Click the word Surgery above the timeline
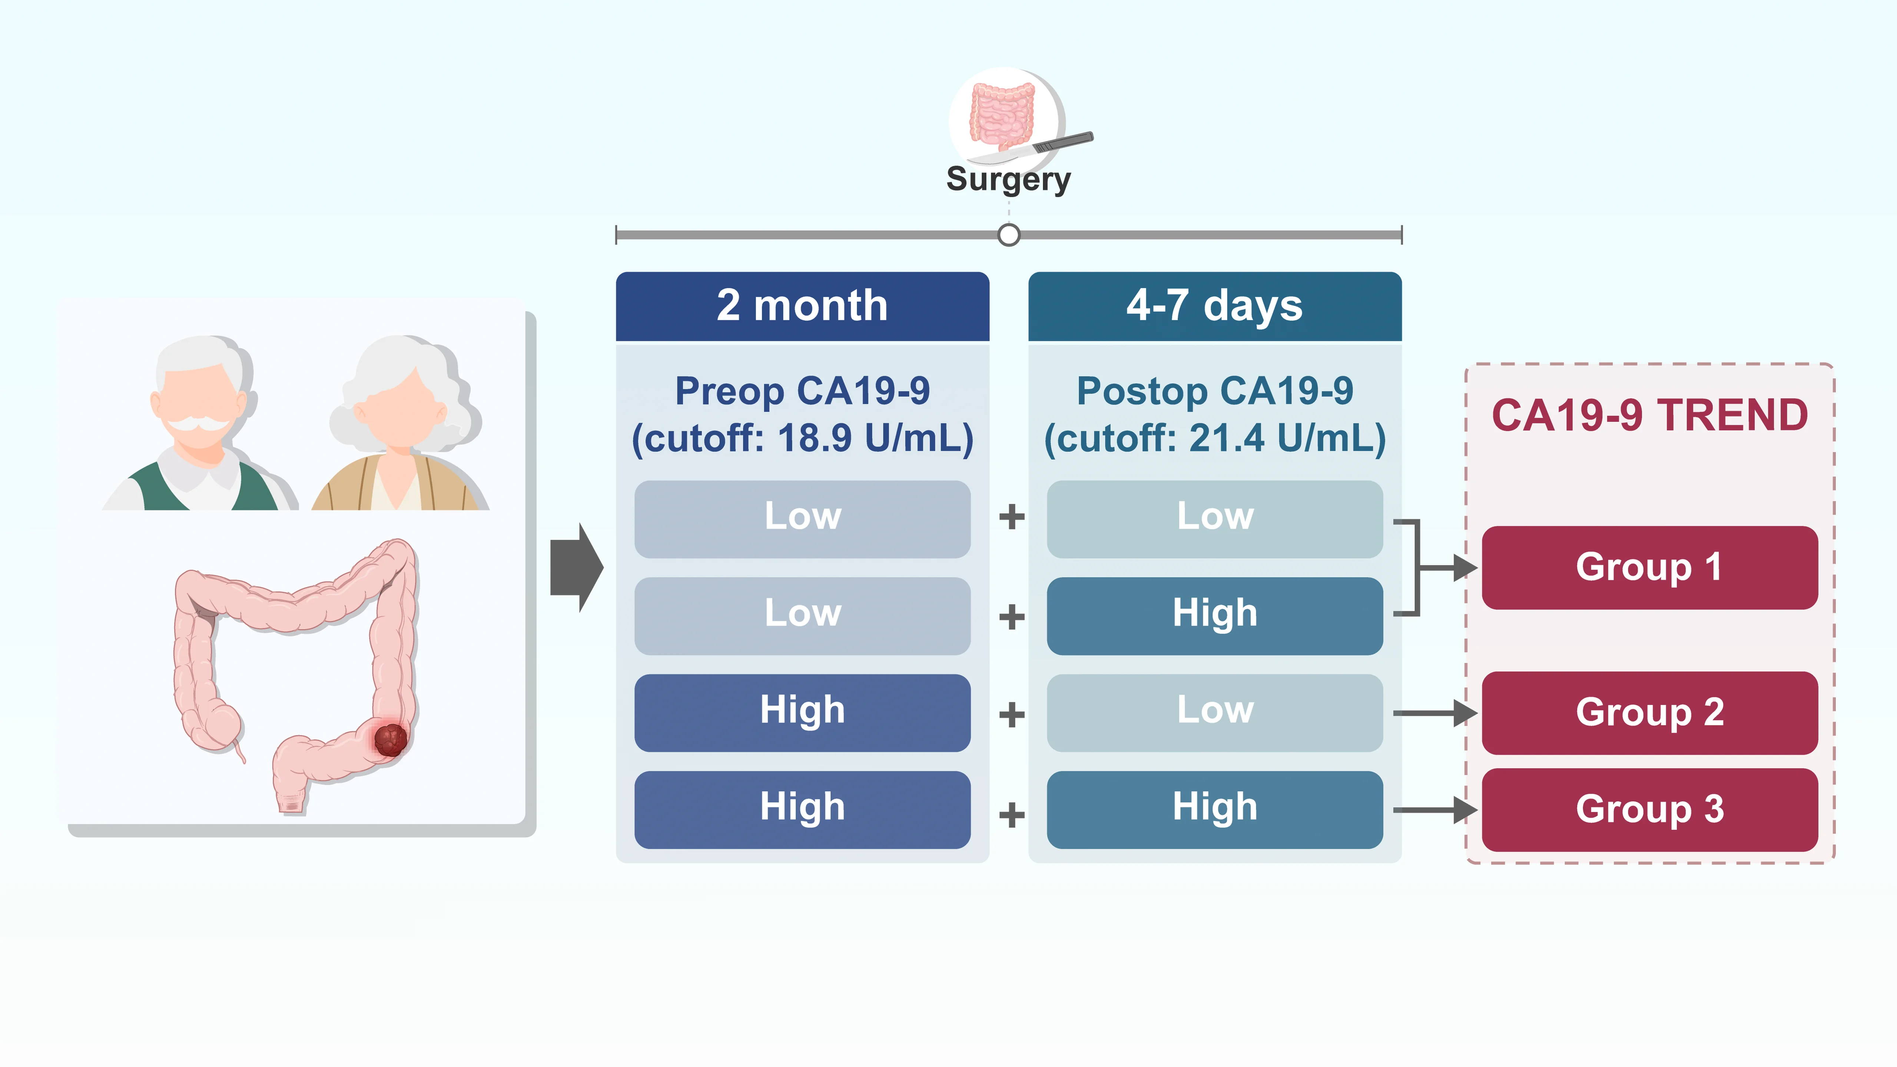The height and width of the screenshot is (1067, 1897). click(1008, 179)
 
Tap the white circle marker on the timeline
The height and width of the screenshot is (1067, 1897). click(1009, 235)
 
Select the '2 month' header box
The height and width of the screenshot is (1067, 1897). click(802, 306)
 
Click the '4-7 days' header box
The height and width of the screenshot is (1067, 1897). click(1214, 306)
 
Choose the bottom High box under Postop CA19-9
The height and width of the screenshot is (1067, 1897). click(1214, 809)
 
